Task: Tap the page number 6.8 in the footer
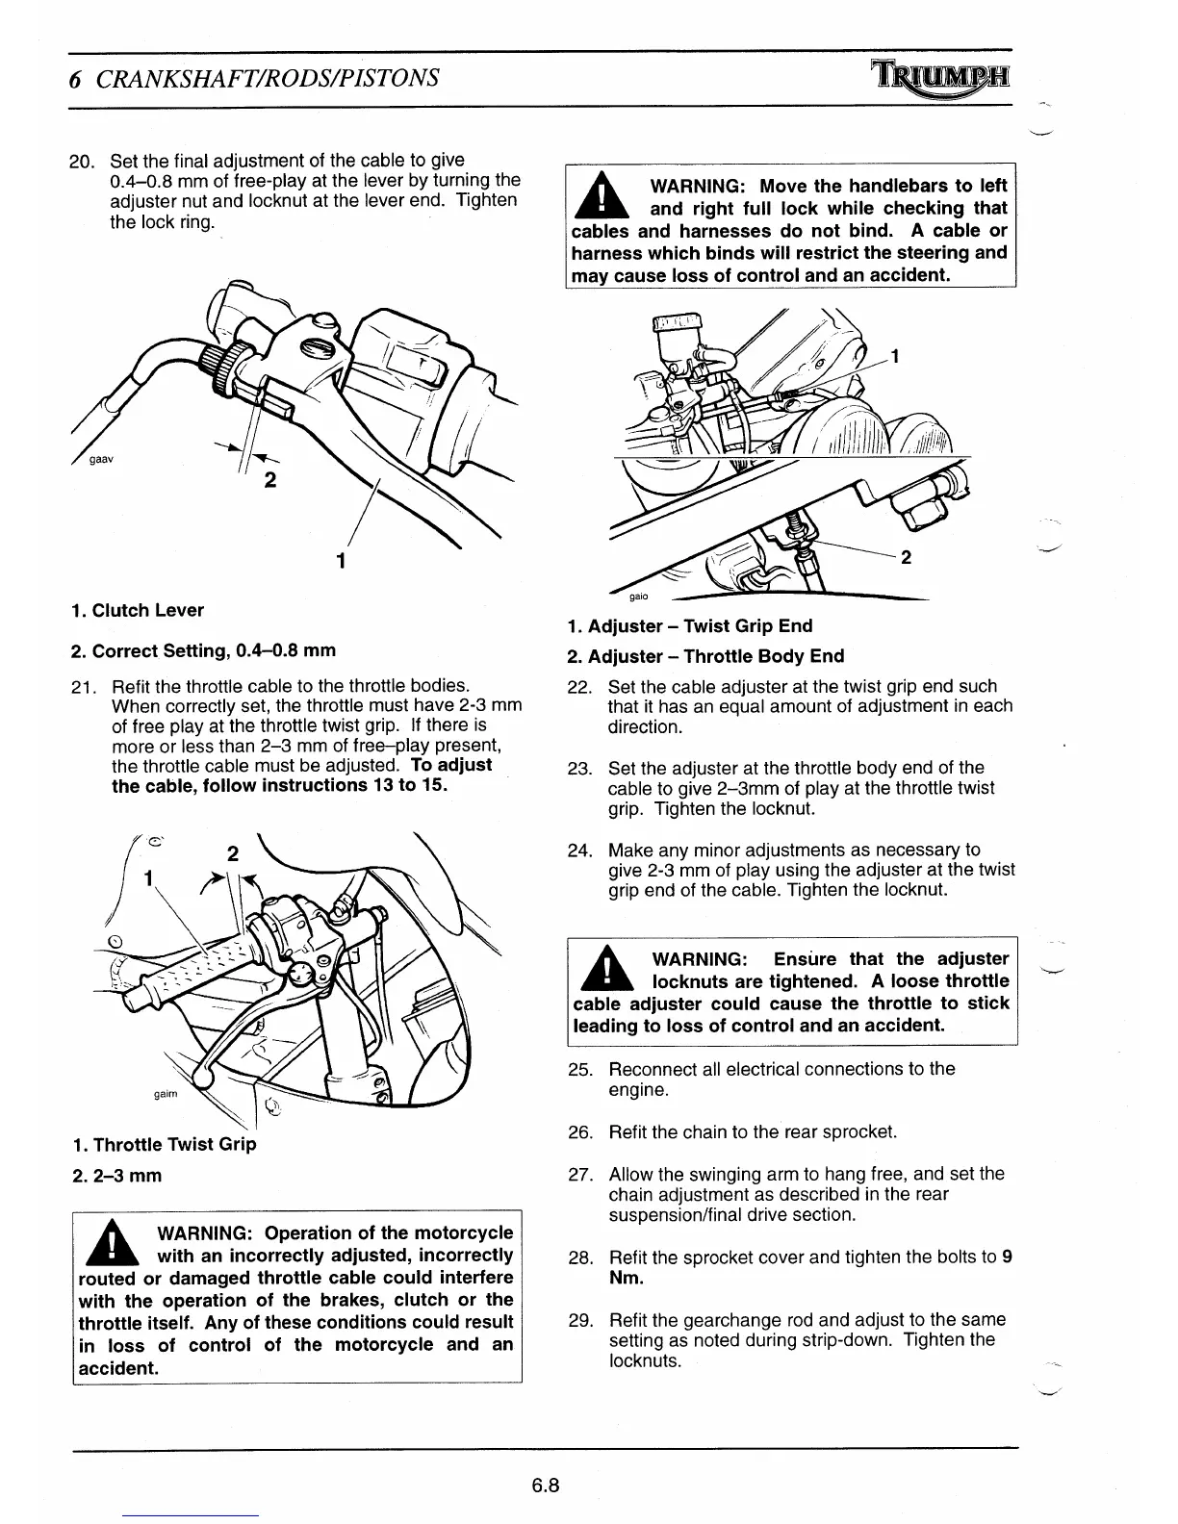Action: pos(546,1485)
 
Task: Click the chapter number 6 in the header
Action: pos(74,78)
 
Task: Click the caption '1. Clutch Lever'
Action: pos(138,610)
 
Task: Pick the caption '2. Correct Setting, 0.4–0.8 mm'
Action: pos(204,650)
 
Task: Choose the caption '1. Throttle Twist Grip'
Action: pos(165,1144)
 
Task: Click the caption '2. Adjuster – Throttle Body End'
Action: pos(705,656)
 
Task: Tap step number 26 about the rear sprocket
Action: pos(580,1131)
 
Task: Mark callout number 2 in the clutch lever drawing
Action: pos(270,481)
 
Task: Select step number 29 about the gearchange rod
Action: pos(580,1319)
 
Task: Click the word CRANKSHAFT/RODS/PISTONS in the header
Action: pos(269,77)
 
